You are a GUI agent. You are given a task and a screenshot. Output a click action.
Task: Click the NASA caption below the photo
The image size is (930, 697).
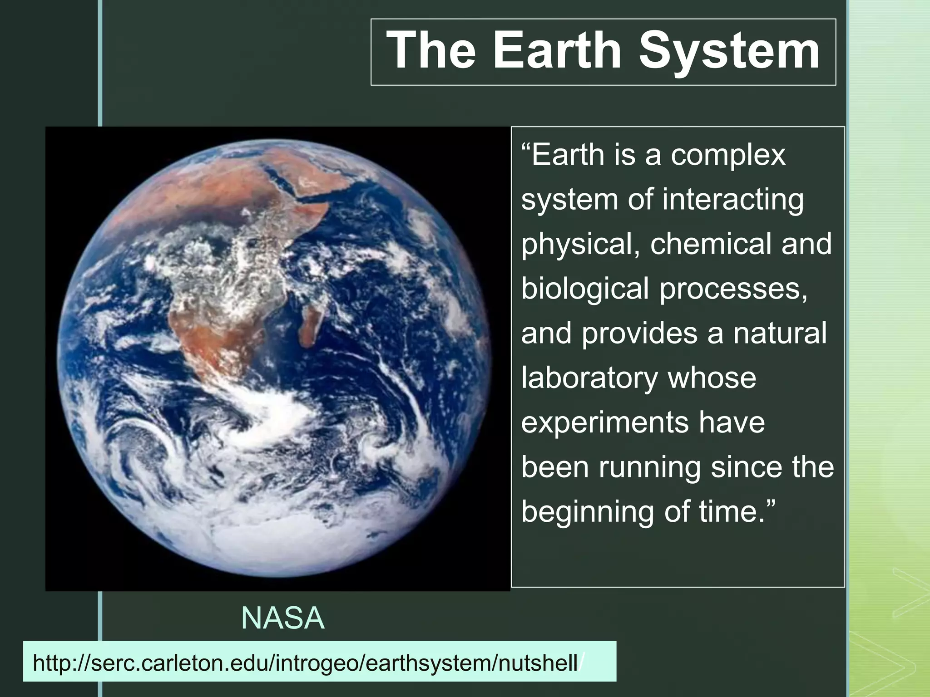282,618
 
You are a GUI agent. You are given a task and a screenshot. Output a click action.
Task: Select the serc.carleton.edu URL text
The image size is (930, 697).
305,663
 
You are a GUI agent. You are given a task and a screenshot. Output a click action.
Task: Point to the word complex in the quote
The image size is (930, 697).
728,155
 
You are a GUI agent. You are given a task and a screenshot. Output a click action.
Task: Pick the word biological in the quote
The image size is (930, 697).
585,289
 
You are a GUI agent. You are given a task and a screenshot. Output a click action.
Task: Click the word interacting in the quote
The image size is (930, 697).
732,199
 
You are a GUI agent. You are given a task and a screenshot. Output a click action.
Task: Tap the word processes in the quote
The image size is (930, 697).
733,289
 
